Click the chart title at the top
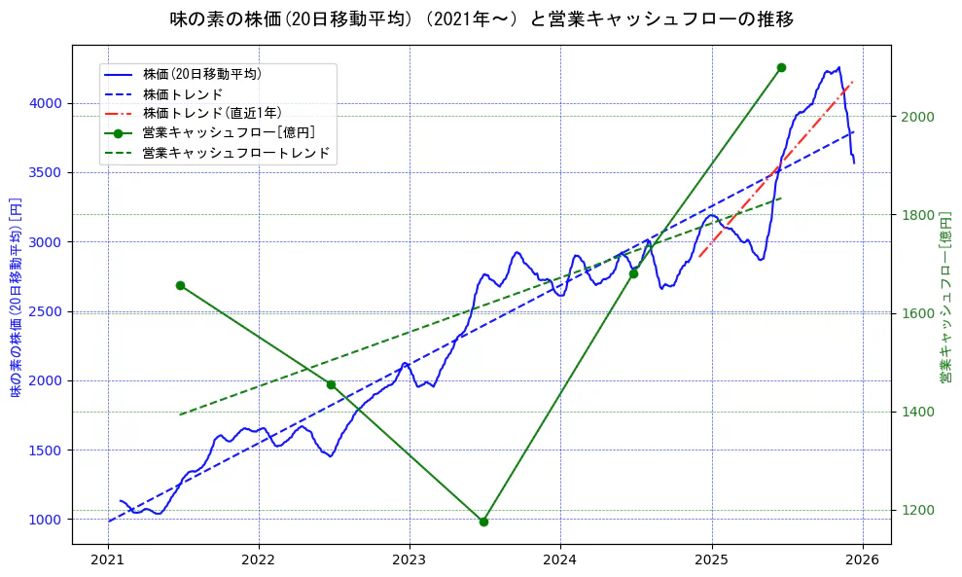coord(481,19)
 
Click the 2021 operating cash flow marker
coord(180,285)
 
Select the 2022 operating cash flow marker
coord(331,384)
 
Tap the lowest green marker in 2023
coord(483,522)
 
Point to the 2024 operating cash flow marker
coord(633,273)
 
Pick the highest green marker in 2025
coord(781,67)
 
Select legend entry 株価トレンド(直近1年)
coord(211,113)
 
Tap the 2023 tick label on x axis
coord(410,560)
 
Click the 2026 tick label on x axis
coord(863,560)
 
